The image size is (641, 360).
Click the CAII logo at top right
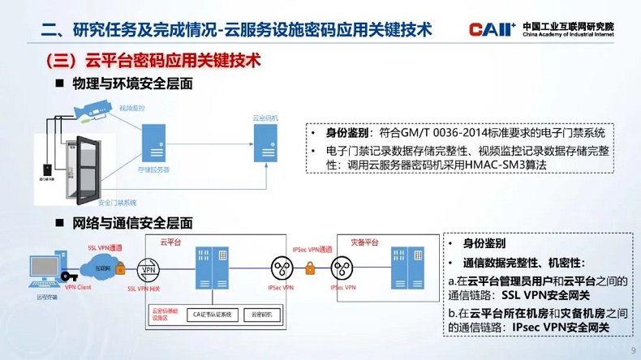point(491,30)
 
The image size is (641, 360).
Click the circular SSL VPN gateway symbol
point(148,270)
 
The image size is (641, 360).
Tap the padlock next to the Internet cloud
point(121,267)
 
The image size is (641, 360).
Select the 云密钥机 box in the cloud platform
point(265,314)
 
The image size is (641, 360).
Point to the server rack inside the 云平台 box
point(209,268)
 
